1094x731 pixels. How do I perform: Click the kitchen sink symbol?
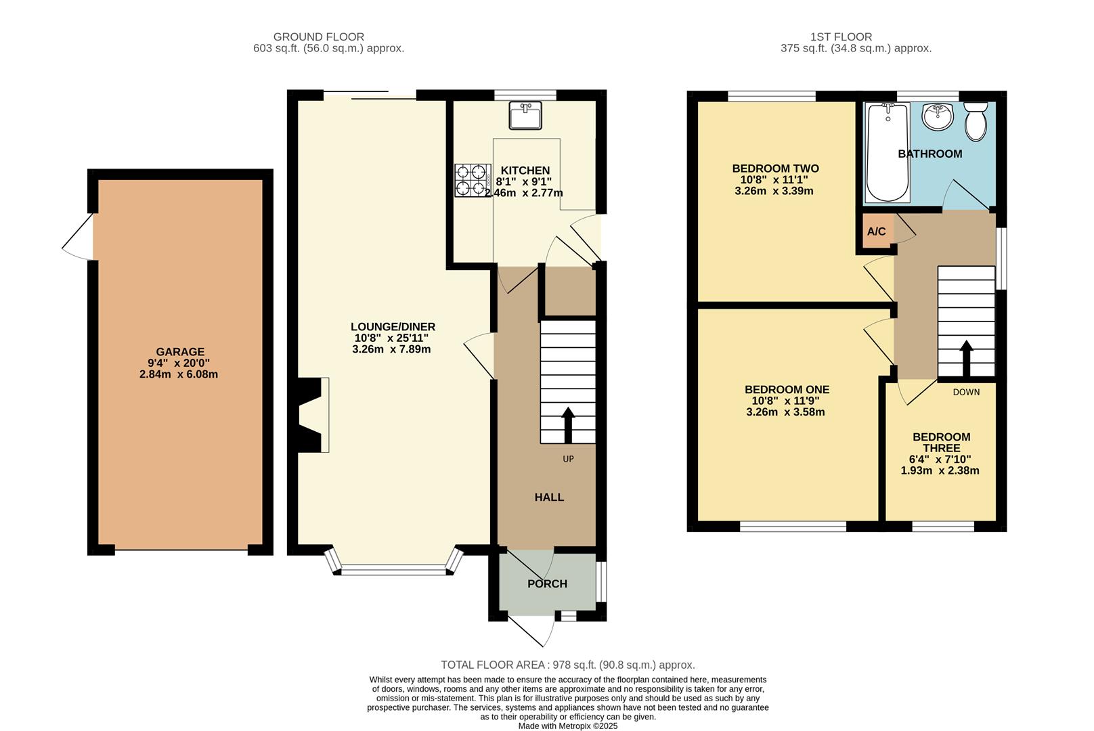coord(525,115)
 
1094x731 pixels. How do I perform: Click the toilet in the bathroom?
coord(976,121)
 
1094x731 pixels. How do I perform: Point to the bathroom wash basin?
coord(937,117)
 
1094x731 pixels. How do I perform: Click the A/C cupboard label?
coord(876,231)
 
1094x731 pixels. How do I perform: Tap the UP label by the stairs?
coord(568,459)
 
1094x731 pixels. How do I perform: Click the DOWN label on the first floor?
coord(966,392)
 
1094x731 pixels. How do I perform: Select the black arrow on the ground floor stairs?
coord(568,424)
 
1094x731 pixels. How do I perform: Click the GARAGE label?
coord(180,352)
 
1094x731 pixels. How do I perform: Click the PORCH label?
coord(547,583)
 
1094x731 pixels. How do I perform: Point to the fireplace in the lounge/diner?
coord(313,414)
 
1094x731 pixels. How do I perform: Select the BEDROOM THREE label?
coord(941,443)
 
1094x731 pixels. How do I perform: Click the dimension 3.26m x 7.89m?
coord(391,349)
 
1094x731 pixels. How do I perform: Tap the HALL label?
coord(549,497)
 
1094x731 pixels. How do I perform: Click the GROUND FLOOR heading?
coord(319,37)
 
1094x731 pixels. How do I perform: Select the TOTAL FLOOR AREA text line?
coord(567,665)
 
